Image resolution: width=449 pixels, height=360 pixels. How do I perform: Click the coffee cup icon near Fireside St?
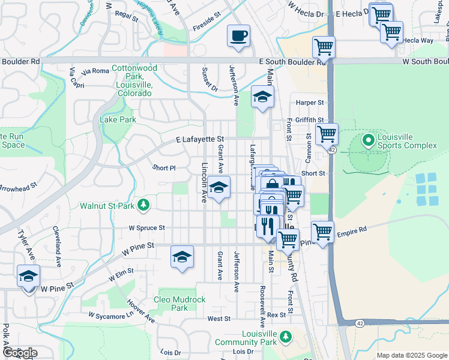coord(238,36)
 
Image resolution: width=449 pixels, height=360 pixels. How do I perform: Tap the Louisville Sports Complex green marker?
coord(369,141)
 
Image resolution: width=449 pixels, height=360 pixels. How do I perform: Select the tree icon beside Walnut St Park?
coord(143,206)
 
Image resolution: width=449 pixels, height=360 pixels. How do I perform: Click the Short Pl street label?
coord(164,168)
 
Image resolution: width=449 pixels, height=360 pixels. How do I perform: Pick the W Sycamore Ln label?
coord(110,314)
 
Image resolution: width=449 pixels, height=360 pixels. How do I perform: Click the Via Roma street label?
coord(95,71)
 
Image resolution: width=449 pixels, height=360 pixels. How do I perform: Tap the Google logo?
coord(20,353)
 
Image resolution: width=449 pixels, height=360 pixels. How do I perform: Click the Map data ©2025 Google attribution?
coord(411,355)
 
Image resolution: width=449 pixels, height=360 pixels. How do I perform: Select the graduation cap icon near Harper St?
coord(262,97)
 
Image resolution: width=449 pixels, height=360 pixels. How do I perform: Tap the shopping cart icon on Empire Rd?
coord(322,232)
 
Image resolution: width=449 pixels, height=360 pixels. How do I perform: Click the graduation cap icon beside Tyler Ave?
coord(28,276)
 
